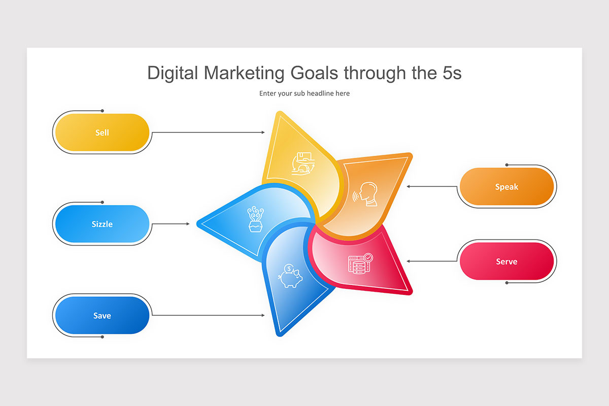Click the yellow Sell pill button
pyautogui.click(x=101, y=132)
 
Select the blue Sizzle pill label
pyautogui.click(x=101, y=224)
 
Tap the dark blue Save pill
pyautogui.click(x=101, y=315)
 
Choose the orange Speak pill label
pyautogui.click(x=506, y=187)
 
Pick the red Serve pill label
pyautogui.click(x=506, y=261)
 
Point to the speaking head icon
pyautogui.click(x=366, y=194)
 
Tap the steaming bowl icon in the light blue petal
pyautogui.click(x=254, y=219)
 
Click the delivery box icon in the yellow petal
pyautogui.click(x=303, y=163)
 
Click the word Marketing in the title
pyautogui.click(x=245, y=73)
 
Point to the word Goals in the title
pyautogui.click(x=315, y=73)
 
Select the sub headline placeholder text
pyautogui.click(x=304, y=93)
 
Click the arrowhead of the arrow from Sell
pyautogui.click(x=263, y=132)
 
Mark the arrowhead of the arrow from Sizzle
pyautogui.click(x=187, y=224)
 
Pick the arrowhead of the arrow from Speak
pyautogui.click(x=409, y=187)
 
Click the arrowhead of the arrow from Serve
pyautogui.click(x=409, y=261)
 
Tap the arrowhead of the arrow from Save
pyautogui.click(x=263, y=315)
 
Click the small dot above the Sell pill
pyautogui.click(x=102, y=110)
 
